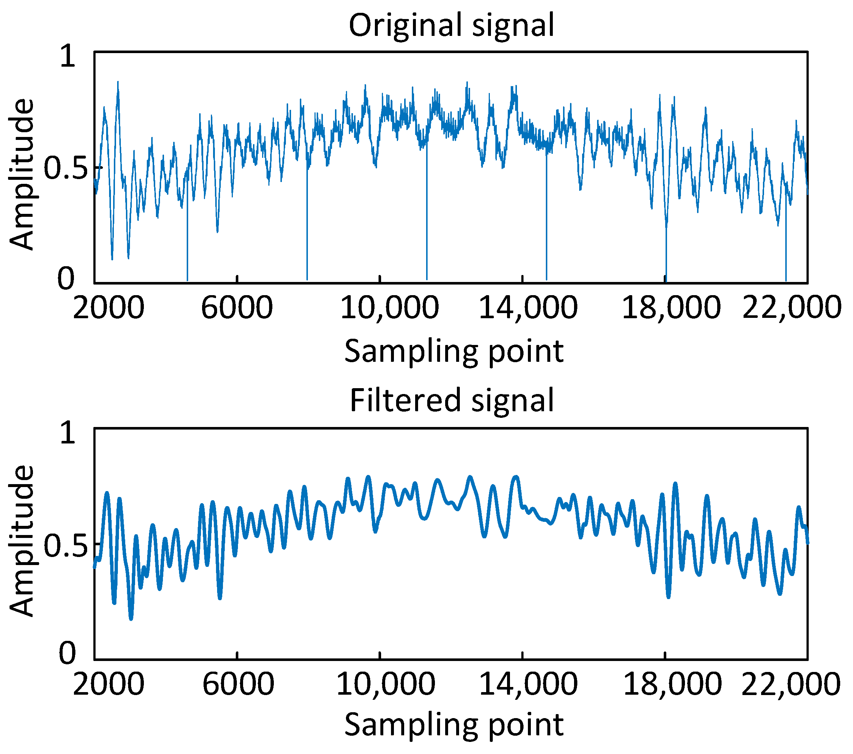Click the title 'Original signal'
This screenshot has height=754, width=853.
click(x=451, y=26)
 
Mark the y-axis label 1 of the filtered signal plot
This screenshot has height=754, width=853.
click(x=68, y=432)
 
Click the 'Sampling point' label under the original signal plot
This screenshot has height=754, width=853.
click(x=454, y=352)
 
